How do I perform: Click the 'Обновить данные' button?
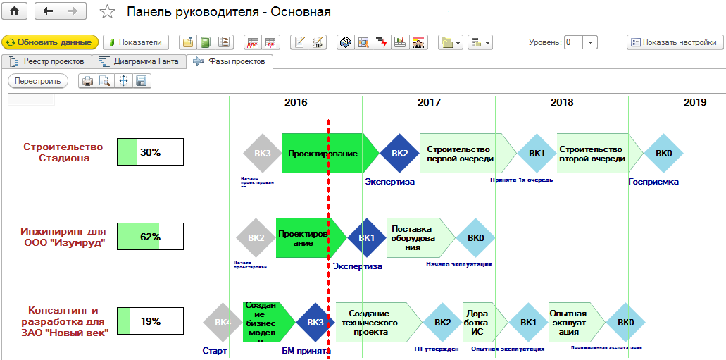coord(50,42)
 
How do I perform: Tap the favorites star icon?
coord(107,12)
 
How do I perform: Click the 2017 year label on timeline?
coord(429,102)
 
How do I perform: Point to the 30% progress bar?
coord(150,151)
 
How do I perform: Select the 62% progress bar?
coord(150,236)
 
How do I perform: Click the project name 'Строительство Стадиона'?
coord(63,152)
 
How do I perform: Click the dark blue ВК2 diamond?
coord(399,154)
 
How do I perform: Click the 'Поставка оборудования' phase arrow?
coord(417,237)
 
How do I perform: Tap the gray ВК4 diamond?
coord(223,323)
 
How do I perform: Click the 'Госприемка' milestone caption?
coord(653,182)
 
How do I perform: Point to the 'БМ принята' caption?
coord(306,350)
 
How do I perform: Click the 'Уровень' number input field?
coord(573,42)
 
